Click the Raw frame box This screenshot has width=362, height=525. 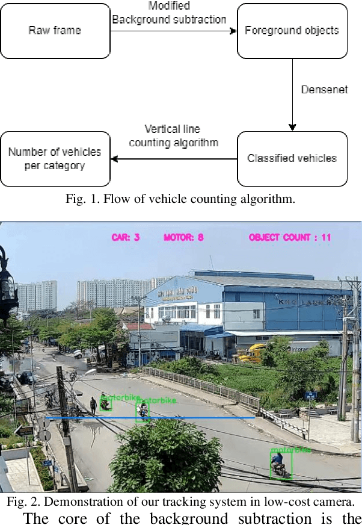click(x=55, y=30)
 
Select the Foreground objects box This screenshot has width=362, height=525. click(x=292, y=30)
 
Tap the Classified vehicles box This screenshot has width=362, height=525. click(x=292, y=158)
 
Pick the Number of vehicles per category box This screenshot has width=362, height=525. click(x=55, y=158)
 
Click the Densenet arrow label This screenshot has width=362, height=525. click(x=324, y=90)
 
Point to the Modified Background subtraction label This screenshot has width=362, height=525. click(x=169, y=13)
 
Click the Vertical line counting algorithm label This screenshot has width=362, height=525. click(x=173, y=136)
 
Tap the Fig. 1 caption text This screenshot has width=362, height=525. click(x=180, y=199)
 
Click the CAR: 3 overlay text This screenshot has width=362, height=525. click(x=126, y=238)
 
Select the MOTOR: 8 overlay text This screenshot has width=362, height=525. click(x=183, y=238)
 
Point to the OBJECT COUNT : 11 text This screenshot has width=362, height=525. click(x=290, y=238)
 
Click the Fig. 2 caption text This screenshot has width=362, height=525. click(x=180, y=502)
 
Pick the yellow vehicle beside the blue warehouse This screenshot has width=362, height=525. click(x=251, y=353)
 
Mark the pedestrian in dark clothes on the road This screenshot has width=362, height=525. click(x=93, y=405)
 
